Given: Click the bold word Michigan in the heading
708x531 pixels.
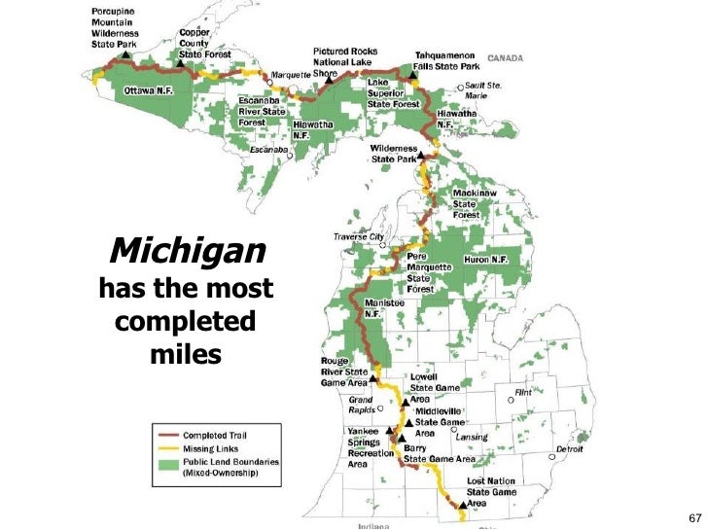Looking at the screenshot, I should (x=187, y=252).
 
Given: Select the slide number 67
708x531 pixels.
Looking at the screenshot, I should (x=694, y=515).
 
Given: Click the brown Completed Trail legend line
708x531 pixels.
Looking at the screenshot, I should (x=167, y=434).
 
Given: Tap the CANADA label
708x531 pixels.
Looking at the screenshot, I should (x=505, y=57).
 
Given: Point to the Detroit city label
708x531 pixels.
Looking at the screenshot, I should (x=569, y=449).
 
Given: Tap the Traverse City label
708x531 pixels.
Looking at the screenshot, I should (x=359, y=236).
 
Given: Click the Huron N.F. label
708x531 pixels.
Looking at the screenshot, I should (x=487, y=260).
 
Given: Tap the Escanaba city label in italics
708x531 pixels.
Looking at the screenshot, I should (x=268, y=151).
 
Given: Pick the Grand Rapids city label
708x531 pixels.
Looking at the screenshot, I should (x=363, y=405).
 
